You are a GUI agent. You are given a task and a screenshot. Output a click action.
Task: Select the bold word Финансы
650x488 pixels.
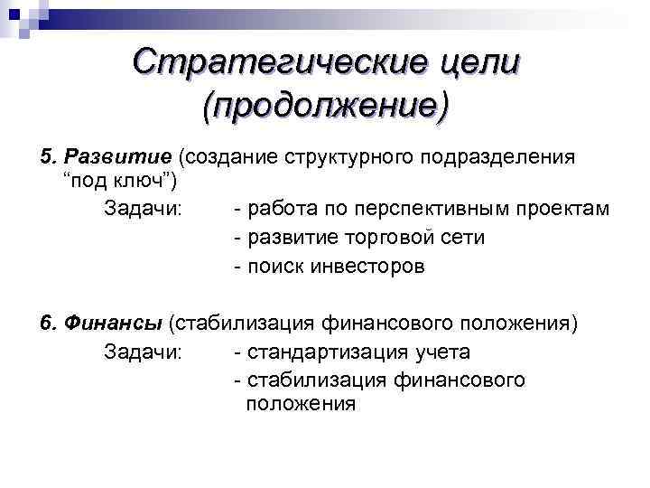click(x=125, y=323)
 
